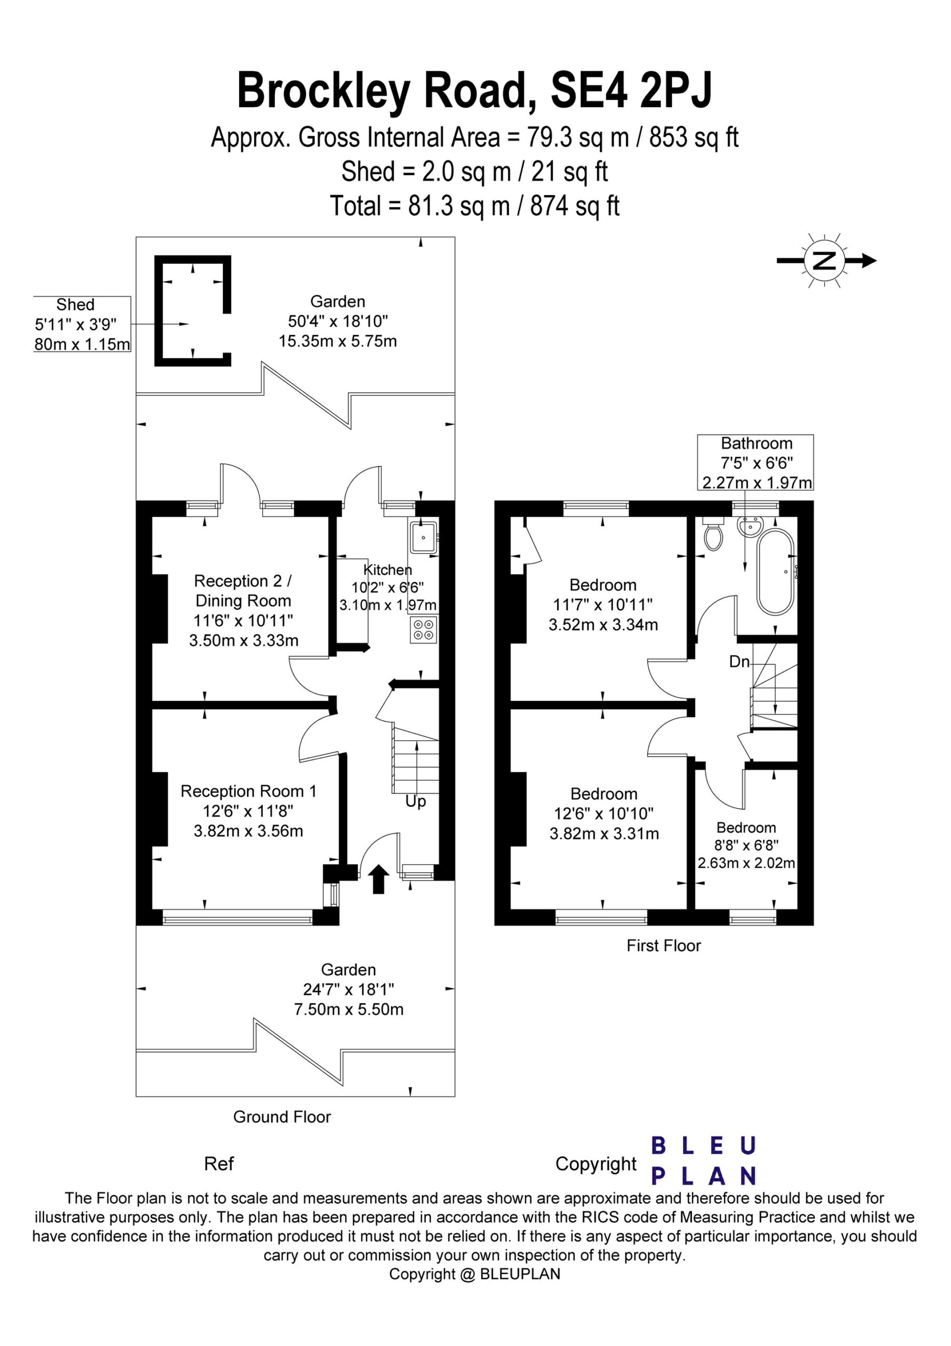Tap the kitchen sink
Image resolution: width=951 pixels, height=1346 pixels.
tap(424, 536)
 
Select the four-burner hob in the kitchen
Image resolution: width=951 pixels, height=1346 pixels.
tap(424, 629)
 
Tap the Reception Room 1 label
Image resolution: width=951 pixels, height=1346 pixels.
tap(249, 791)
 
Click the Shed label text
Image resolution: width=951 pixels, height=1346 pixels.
tap(75, 305)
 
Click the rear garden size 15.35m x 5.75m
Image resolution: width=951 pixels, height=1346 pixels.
tap(338, 341)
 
